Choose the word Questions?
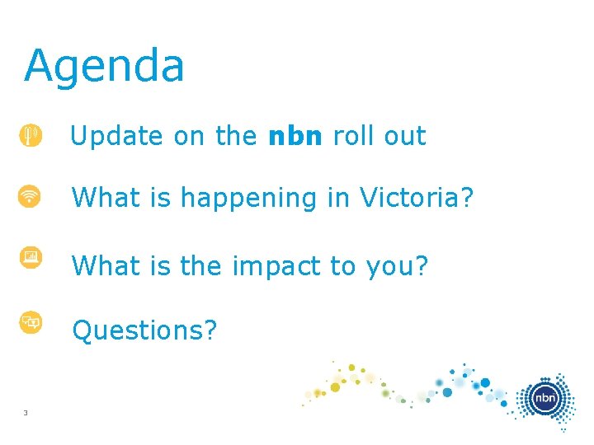[144, 330]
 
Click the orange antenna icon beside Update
[31, 135]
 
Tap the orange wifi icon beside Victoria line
[31, 197]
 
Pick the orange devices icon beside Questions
[31, 322]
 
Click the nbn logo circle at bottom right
[544, 399]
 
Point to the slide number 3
[26, 413]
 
